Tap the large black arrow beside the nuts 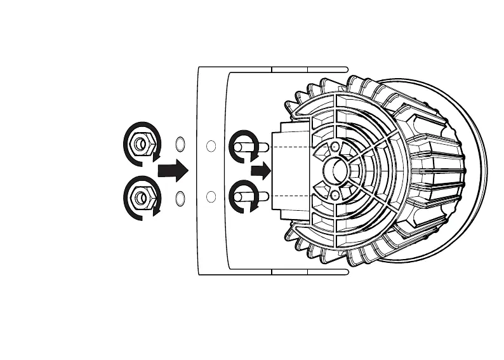173,170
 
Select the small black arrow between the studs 260,170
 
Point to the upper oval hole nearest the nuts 180,143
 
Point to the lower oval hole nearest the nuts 180,198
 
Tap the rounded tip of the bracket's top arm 346,68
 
